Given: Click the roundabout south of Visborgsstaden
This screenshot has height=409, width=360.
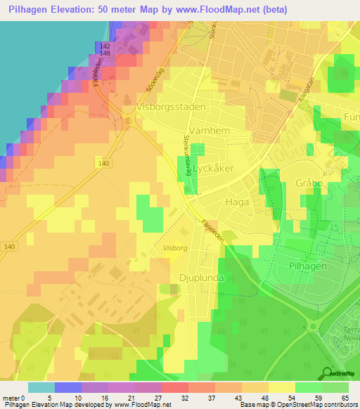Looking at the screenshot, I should click(x=129, y=119).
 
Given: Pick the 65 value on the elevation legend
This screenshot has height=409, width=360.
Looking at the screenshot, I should click(x=345, y=398).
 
